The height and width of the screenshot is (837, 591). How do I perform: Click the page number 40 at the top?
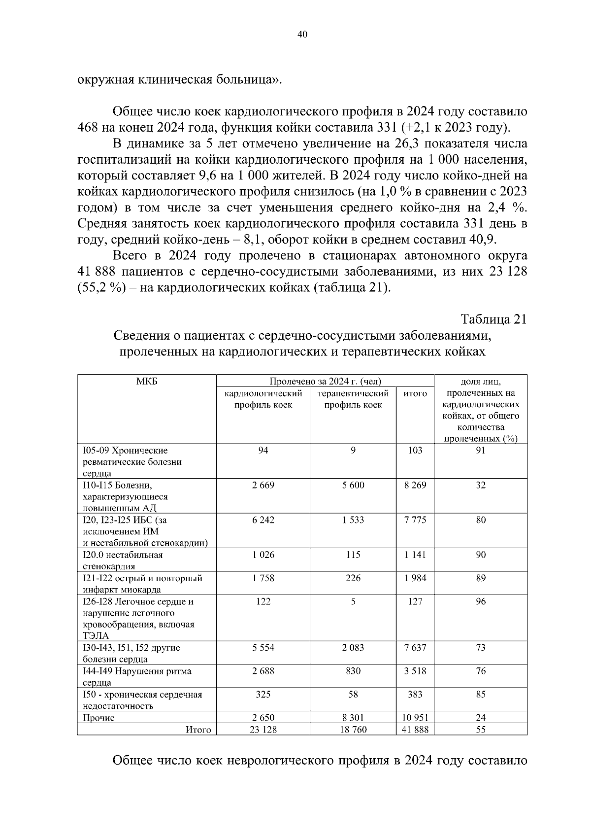point(302,35)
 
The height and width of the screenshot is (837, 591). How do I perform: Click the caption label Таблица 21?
point(493,319)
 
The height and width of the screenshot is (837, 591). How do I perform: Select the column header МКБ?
point(146,381)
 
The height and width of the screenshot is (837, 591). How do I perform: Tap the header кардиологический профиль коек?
point(263,399)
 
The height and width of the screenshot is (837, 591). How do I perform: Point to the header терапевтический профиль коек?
point(353,399)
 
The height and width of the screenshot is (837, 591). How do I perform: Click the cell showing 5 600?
point(353,485)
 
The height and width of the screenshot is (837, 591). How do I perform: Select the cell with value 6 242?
point(263,520)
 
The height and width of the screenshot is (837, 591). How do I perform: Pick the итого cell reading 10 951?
point(415,718)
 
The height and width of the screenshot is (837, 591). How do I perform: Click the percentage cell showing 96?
point(481,601)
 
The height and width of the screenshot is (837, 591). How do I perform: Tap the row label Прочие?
point(98,718)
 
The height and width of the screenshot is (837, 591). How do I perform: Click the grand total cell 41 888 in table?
point(415,730)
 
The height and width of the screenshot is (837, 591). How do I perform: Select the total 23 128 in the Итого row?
point(263,730)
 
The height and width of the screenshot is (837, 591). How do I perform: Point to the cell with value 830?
point(353,671)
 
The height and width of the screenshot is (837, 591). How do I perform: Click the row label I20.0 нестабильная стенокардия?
point(123,560)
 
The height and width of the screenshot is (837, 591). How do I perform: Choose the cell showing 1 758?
point(263,578)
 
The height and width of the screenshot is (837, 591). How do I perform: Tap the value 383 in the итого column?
point(415,694)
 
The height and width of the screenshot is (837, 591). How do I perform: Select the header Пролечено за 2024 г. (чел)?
point(325,381)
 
